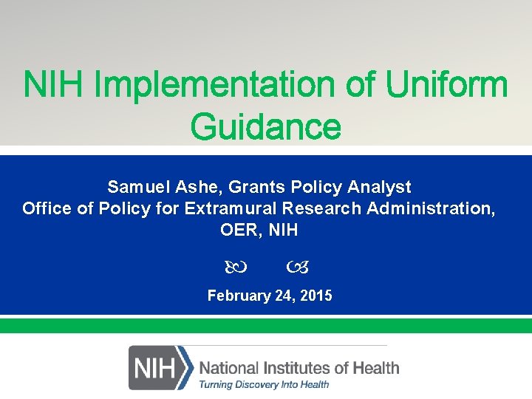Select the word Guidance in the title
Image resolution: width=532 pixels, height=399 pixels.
[x=265, y=126]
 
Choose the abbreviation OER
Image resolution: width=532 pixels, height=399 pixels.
[x=237, y=231]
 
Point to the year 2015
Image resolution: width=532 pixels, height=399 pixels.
[x=316, y=296]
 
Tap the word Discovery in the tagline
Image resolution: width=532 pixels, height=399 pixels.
[x=255, y=384]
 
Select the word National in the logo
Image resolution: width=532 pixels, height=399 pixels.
[x=228, y=367]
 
